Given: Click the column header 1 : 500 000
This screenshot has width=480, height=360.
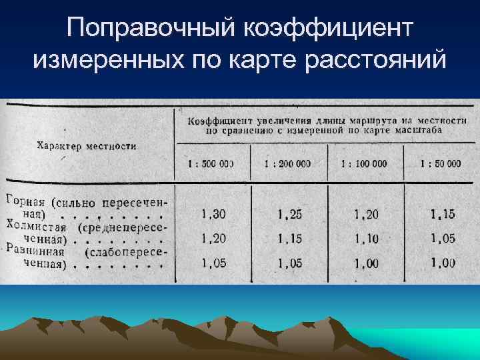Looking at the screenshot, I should click(212, 163).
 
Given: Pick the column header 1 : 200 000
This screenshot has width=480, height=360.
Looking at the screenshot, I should click(287, 163).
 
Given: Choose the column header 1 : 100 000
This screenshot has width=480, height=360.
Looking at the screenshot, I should click(363, 163).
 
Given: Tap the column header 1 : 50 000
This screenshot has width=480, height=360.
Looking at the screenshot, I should click(441, 163).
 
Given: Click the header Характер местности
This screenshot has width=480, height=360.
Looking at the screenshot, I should click(87, 145).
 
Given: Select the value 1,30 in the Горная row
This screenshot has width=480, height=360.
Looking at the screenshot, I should click(213, 214).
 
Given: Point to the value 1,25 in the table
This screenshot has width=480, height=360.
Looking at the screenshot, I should click(289, 214).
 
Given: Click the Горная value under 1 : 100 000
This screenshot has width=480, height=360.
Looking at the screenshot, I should click(367, 214).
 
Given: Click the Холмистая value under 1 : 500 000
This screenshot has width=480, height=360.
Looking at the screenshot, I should click(213, 238).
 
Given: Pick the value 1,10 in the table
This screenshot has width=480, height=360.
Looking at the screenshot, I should click(367, 238).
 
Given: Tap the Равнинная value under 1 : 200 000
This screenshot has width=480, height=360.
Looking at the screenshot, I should click(289, 263).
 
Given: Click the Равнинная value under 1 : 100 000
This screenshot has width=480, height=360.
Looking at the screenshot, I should click(367, 263).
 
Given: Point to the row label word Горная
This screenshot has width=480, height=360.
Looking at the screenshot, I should click(25, 200).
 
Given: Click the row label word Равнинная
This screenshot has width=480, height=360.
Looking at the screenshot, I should click(35, 251).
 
